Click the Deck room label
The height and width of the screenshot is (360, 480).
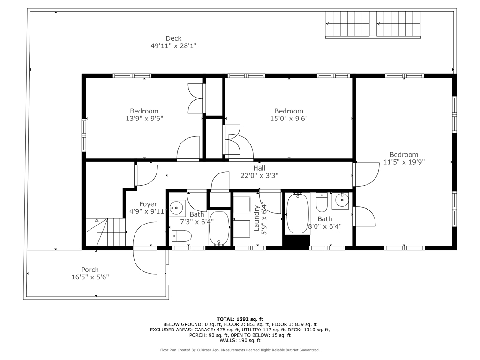pyautogui.click(x=173, y=38)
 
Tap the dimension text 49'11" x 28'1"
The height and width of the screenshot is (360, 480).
pyautogui.click(x=173, y=46)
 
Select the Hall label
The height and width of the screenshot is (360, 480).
pyautogui.click(x=259, y=168)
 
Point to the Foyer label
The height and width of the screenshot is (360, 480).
pyautogui.click(x=148, y=204)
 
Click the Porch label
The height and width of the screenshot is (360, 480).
pyautogui.click(x=90, y=270)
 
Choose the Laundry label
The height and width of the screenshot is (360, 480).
pyautogui.click(x=256, y=218)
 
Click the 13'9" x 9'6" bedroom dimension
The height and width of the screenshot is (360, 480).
pyautogui.click(x=144, y=119)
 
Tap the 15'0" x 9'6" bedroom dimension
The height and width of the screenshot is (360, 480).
pyautogui.click(x=289, y=119)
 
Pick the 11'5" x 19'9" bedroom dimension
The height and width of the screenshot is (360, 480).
pyautogui.click(x=404, y=162)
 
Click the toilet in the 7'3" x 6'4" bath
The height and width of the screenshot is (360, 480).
pyautogui.click(x=181, y=236)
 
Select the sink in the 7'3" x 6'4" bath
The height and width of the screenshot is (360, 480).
pyautogui.click(x=177, y=208)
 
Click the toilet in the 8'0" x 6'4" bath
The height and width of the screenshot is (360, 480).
pyautogui.click(x=322, y=202)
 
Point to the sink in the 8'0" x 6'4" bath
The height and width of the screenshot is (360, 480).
pyautogui.click(x=340, y=201)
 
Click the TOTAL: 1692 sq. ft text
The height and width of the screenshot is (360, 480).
pyautogui.click(x=240, y=319)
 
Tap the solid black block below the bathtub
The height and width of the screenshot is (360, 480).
pyautogui.click(x=296, y=242)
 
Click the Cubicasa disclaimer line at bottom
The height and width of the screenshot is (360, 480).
pyautogui.click(x=240, y=350)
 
